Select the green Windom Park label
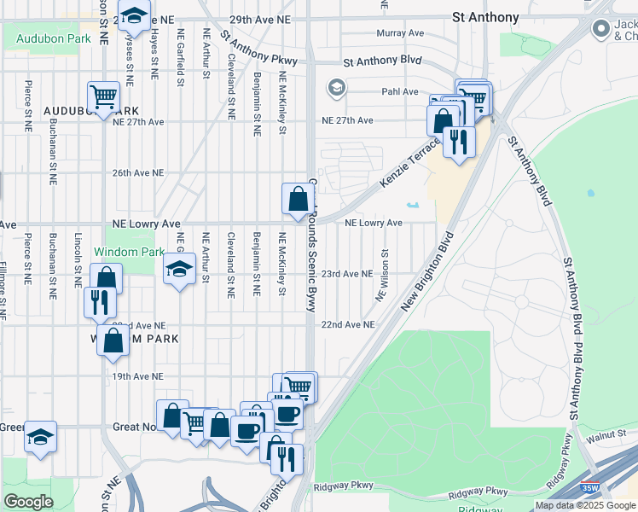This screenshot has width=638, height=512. (128, 253)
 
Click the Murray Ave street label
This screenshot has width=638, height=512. (401, 33)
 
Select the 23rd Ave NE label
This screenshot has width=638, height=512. (347, 274)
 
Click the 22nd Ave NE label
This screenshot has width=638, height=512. (347, 325)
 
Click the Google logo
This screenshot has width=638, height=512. (28, 501)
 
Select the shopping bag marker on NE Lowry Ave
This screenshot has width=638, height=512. (298, 201)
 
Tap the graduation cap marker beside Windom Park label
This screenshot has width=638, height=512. (178, 271)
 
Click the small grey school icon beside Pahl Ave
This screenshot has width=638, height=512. (336, 87)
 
